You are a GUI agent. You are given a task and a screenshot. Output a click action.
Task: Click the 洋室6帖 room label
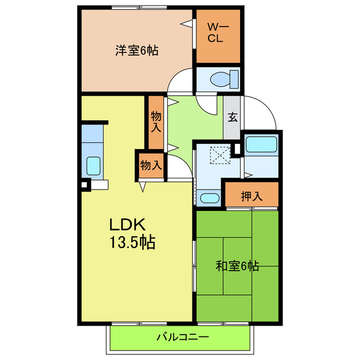(x=137, y=51)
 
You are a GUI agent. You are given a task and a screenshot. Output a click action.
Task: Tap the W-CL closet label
(x=217, y=34)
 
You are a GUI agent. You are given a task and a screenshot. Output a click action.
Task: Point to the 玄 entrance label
(x=232, y=118)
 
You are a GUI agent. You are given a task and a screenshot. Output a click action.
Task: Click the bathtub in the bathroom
(x=260, y=145)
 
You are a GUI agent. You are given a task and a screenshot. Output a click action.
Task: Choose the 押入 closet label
(x=251, y=196)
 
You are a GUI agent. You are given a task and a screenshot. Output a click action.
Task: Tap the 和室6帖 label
(x=237, y=266)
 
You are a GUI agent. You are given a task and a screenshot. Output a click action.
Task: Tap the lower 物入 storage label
(x=151, y=165)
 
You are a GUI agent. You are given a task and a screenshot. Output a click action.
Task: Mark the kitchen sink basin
(x=93, y=166)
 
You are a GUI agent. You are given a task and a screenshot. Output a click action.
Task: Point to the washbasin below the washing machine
(x=210, y=198)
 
